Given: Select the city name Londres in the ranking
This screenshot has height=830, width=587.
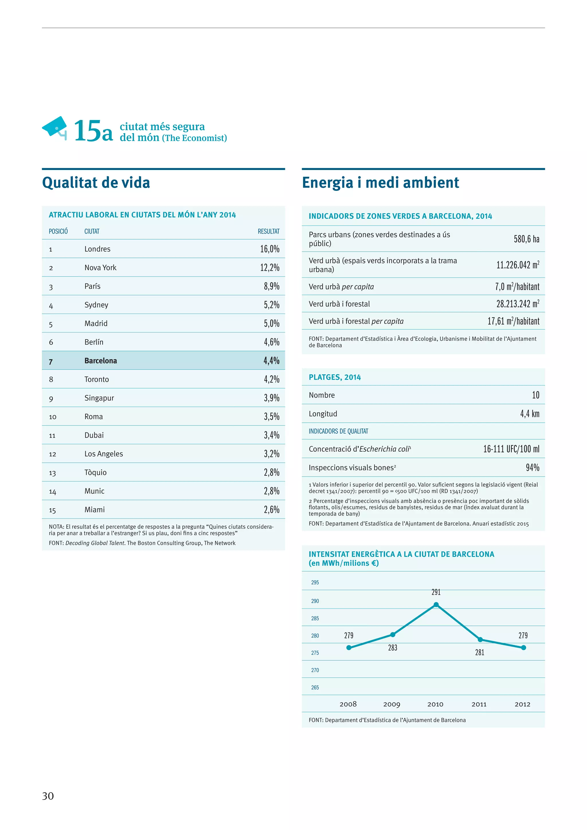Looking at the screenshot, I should [x=97, y=249].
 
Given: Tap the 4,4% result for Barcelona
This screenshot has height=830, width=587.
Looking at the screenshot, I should [x=271, y=361].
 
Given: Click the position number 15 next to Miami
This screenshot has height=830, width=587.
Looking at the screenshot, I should [x=52, y=510].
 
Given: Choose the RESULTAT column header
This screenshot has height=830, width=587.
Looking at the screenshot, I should [x=268, y=231].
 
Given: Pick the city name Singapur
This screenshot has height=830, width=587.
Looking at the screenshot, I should [x=99, y=398].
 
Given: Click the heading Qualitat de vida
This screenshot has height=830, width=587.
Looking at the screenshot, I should [x=96, y=183].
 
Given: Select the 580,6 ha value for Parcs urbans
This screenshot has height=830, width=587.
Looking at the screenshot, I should [x=526, y=239].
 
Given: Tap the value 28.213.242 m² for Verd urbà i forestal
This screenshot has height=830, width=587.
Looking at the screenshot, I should [x=517, y=304].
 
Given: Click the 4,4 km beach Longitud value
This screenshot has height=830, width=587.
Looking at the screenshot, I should [x=529, y=414].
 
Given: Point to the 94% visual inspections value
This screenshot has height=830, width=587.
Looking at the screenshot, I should [x=533, y=468].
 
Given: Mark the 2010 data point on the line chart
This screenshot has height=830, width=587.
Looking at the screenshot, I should [x=436, y=605].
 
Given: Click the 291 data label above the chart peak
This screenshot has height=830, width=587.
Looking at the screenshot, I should [x=436, y=592].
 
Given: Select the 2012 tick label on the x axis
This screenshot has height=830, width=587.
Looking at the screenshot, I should [x=522, y=704].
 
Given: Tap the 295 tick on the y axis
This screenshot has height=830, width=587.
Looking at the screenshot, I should [x=315, y=582].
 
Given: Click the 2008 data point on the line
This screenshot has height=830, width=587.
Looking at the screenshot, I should [x=349, y=647].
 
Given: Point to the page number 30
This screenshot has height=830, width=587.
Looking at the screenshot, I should [x=48, y=796].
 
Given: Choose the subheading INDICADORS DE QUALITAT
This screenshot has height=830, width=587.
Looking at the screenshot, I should [x=338, y=431].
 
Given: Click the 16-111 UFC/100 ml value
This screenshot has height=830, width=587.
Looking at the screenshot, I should [x=511, y=449].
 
